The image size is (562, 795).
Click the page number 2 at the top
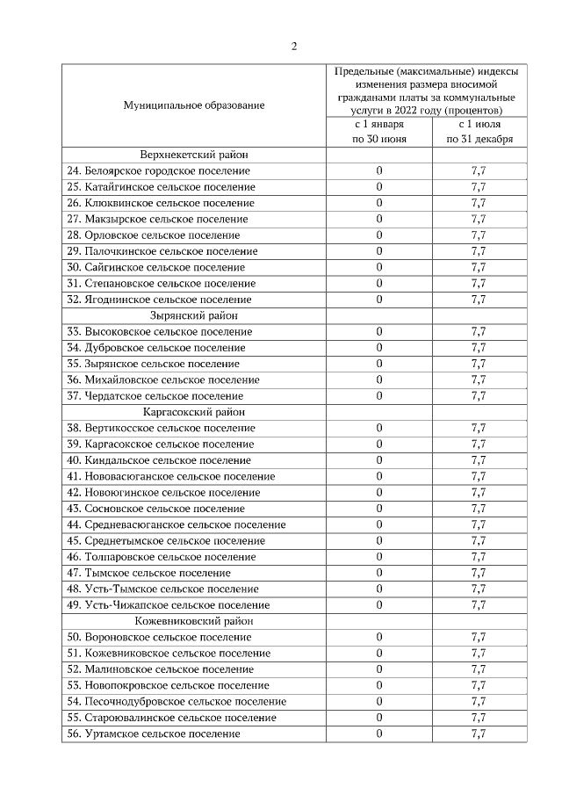point(294,47)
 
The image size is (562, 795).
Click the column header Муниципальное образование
point(194,105)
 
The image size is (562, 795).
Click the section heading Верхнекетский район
point(194,155)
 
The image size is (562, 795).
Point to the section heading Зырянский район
point(194,315)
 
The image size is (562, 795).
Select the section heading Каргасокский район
point(194,411)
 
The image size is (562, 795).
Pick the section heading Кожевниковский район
point(194,620)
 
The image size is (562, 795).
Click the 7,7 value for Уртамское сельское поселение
point(479,734)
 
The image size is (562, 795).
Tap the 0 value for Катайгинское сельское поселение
point(379,187)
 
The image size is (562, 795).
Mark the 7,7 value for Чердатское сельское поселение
point(479,395)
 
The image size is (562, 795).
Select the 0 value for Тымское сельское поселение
point(379,573)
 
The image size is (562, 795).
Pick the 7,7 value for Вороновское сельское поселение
point(479,637)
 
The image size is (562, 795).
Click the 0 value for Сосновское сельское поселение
point(379,509)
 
